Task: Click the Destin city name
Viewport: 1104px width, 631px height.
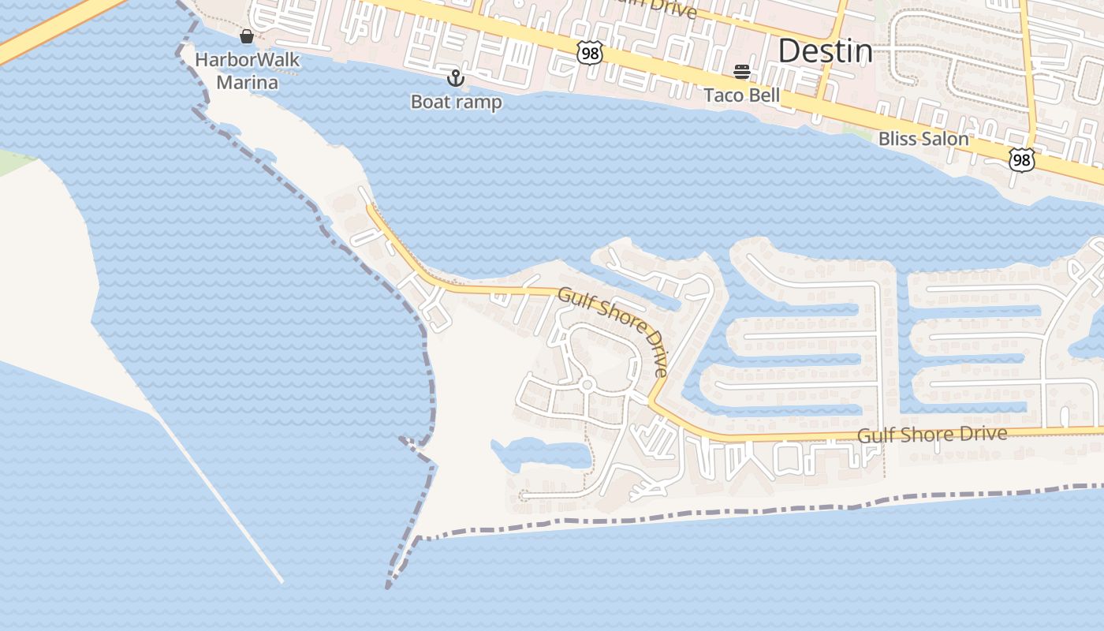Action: pos(825,51)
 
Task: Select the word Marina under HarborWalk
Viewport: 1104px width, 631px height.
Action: pos(247,82)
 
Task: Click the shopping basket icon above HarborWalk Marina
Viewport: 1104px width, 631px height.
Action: pos(247,36)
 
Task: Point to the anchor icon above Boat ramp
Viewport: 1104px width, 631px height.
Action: pos(455,78)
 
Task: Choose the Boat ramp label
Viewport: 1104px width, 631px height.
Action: pos(456,102)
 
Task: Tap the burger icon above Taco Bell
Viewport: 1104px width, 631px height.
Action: pos(741,72)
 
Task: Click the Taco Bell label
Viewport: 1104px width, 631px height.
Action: pos(741,95)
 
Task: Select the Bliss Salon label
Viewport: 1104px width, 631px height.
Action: pos(923,139)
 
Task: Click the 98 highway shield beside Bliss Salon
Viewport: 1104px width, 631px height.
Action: pos(1021,160)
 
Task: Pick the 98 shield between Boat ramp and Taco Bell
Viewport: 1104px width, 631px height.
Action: pos(589,54)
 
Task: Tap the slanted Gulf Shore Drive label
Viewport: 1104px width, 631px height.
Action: pos(614,330)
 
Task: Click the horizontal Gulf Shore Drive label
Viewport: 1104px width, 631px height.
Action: pos(932,435)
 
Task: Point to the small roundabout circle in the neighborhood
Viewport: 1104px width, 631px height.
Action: pos(586,385)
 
